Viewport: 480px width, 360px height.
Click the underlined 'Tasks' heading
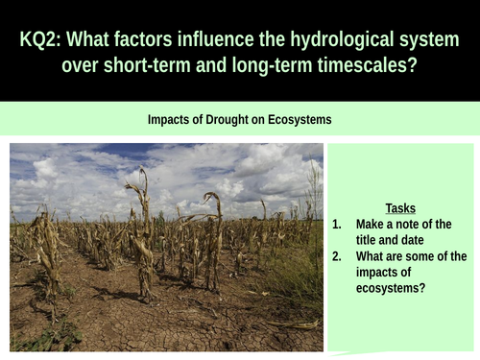click(400, 207)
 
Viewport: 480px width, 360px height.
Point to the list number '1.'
click(337, 224)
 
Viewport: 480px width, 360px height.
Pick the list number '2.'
click(337, 256)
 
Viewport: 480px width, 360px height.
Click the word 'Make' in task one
click(372, 224)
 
